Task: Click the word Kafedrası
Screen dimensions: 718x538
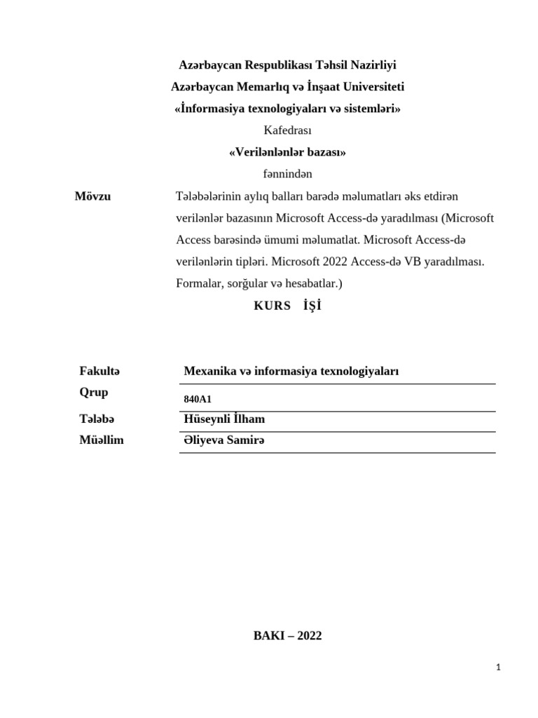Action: pyautogui.click(x=287, y=130)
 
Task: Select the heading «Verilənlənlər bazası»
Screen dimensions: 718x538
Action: pyautogui.click(x=287, y=152)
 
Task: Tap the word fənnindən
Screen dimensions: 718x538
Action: pyautogui.click(x=287, y=174)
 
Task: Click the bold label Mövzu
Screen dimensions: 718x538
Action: pyautogui.click(x=92, y=196)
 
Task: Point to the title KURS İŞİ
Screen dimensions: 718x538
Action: pyautogui.click(x=287, y=306)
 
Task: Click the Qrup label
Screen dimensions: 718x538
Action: pyautogui.click(x=94, y=392)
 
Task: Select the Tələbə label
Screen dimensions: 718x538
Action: pyautogui.click(x=97, y=419)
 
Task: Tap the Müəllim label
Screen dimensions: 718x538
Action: pyautogui.click(x=102, y=440)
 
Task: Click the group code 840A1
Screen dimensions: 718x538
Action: pyautogui.click(x=197, y=399)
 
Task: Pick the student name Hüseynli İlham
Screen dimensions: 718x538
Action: pyautogui.click(x=223, y=419)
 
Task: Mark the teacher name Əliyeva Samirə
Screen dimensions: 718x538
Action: pyautogui.click(x=224, y=440)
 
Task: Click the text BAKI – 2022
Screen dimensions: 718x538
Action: pyautogui.click(x=287, y=636)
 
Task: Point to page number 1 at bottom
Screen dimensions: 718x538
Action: pyautogui.click(x=498, y=668)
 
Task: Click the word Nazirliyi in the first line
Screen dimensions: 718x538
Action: pyautogui.click(x=372, y=65)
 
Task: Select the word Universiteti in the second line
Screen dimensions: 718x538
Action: pyautogui.click(x=373, y=87)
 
